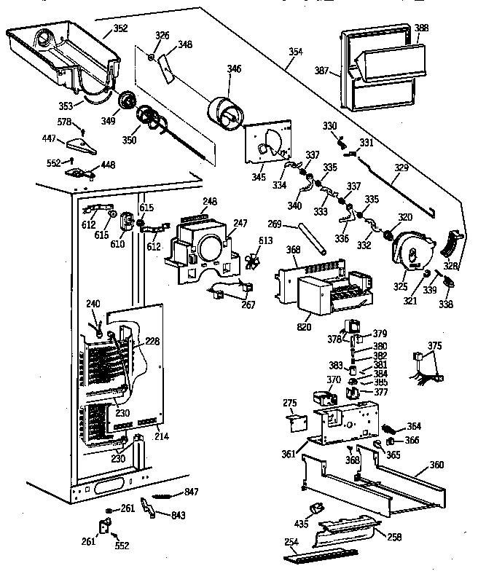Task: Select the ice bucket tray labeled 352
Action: coord(62,51)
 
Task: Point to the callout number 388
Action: coord(421,28)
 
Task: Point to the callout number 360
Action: coord(436,464)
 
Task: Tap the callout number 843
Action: coord(178,515)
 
